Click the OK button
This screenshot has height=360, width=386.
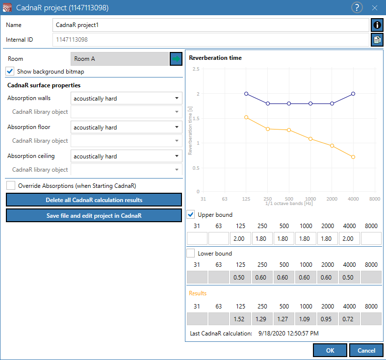pos(330,350)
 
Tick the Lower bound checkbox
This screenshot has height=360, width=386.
pos(190,253)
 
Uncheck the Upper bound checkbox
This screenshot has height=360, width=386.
pos(190,214)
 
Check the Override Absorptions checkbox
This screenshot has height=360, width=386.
pos(11,185)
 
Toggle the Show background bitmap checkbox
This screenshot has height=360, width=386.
pos(10,72)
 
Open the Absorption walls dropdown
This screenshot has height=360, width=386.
pos(126,98)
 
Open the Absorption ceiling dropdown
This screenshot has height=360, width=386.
pos(126,156)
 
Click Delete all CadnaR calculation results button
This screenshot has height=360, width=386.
pos(94,200)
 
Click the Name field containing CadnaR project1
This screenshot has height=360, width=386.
pos(211,25)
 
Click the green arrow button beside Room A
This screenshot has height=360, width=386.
pos(176,59)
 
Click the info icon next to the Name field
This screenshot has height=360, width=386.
pos(377,25)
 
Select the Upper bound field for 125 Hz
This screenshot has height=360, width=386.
pos(240,238)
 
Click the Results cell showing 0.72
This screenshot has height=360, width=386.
pos(349,319)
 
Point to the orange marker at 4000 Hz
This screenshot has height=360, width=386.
pos(353,157)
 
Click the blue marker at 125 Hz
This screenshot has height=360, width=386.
pos(246,94)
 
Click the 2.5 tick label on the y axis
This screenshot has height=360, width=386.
pos(196,69)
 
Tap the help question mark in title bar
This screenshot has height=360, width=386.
pos(357,8)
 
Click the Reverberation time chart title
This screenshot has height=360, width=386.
pos(215,58)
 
